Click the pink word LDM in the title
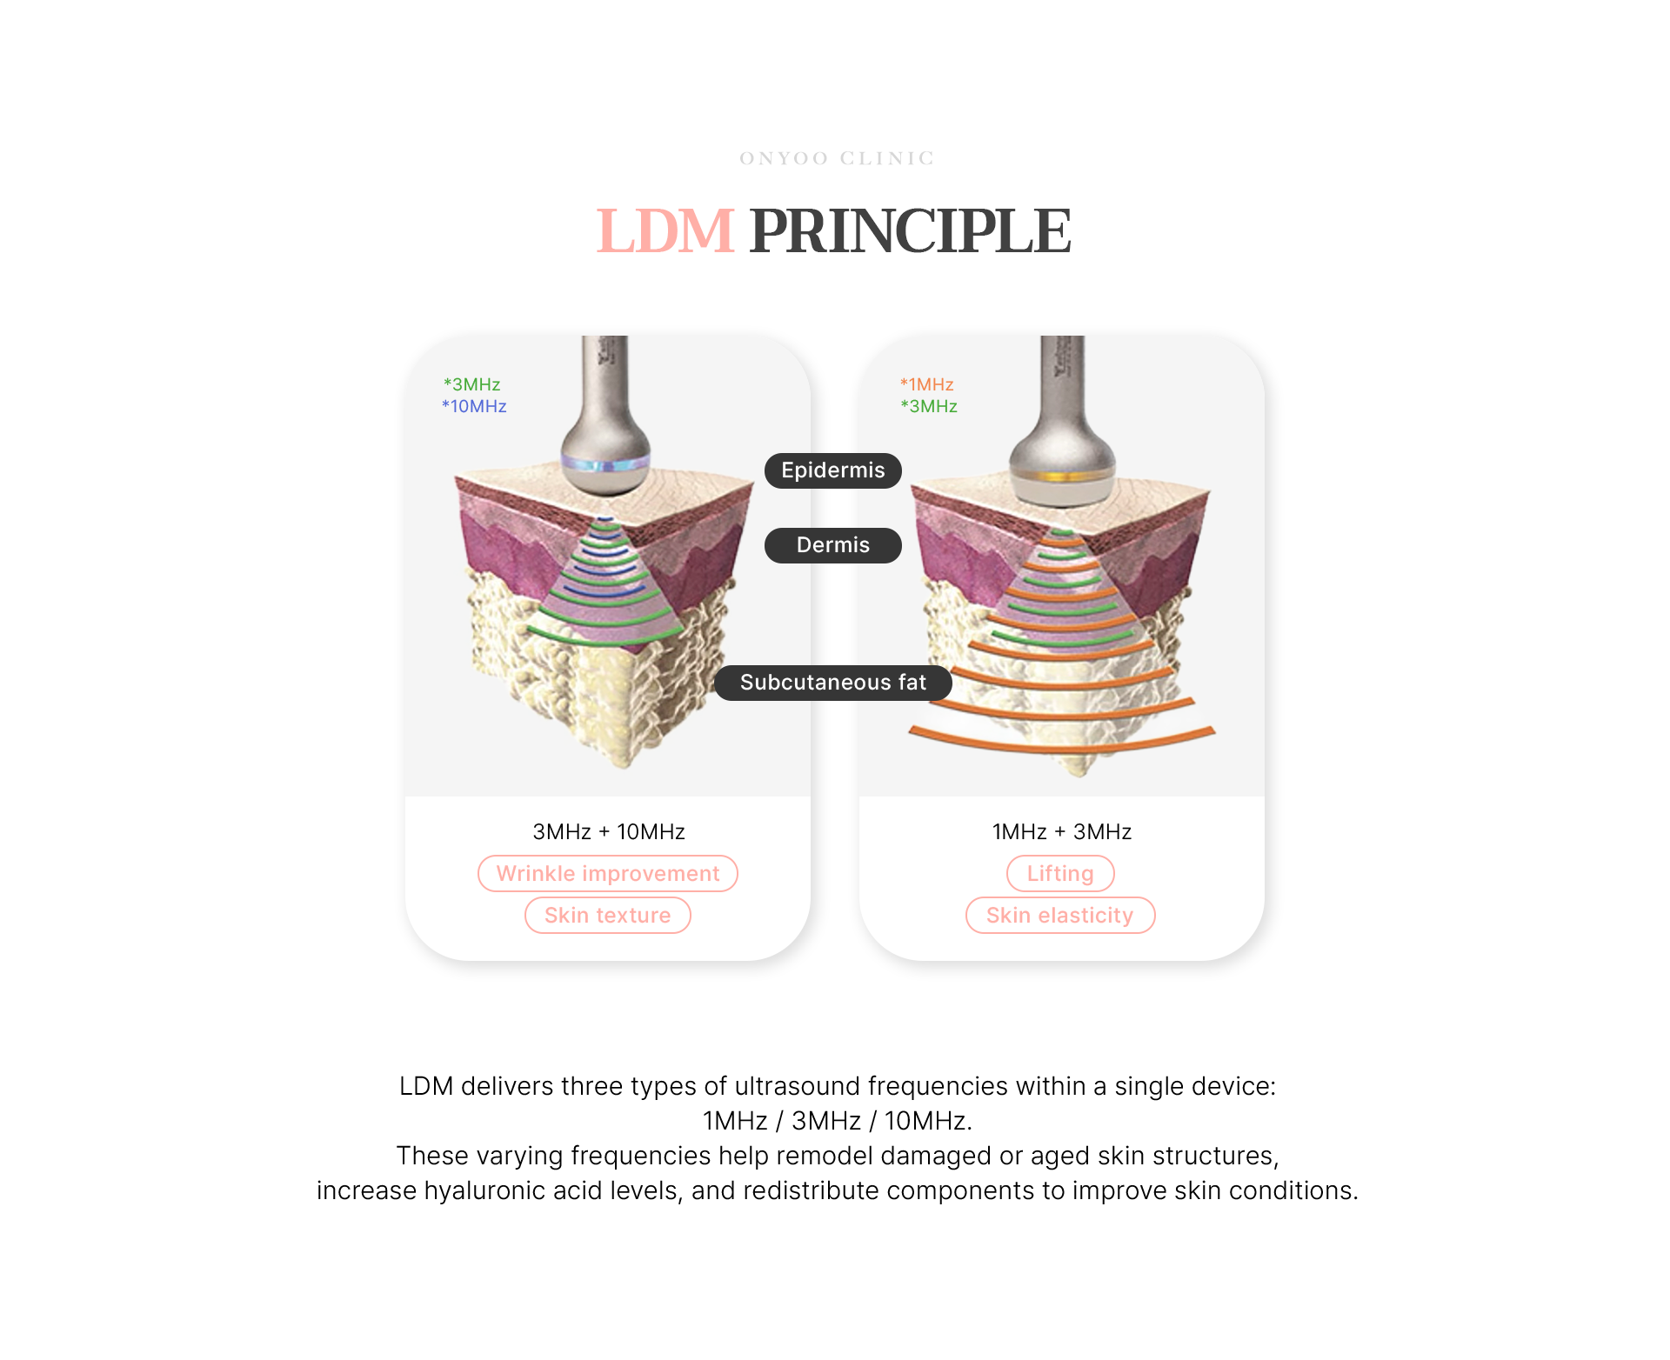(665, 232)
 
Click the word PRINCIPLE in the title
(909, 232)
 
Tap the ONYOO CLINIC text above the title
(836, 158)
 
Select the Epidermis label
(832, 470)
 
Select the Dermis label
(832, 545)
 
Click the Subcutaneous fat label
(832, 683)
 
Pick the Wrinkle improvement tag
(607, 874)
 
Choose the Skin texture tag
(607, 916)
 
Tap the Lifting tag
(1059, 874)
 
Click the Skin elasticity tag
(1059, 916)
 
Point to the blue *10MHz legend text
(474, 406)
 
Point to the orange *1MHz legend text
(927, 384)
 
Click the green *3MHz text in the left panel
(471, 384)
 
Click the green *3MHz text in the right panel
(929, 406)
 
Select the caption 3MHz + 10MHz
(608, 832)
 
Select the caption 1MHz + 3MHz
(1061, 832)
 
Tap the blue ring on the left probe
(605, 463)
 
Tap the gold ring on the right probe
(1061, 476)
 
